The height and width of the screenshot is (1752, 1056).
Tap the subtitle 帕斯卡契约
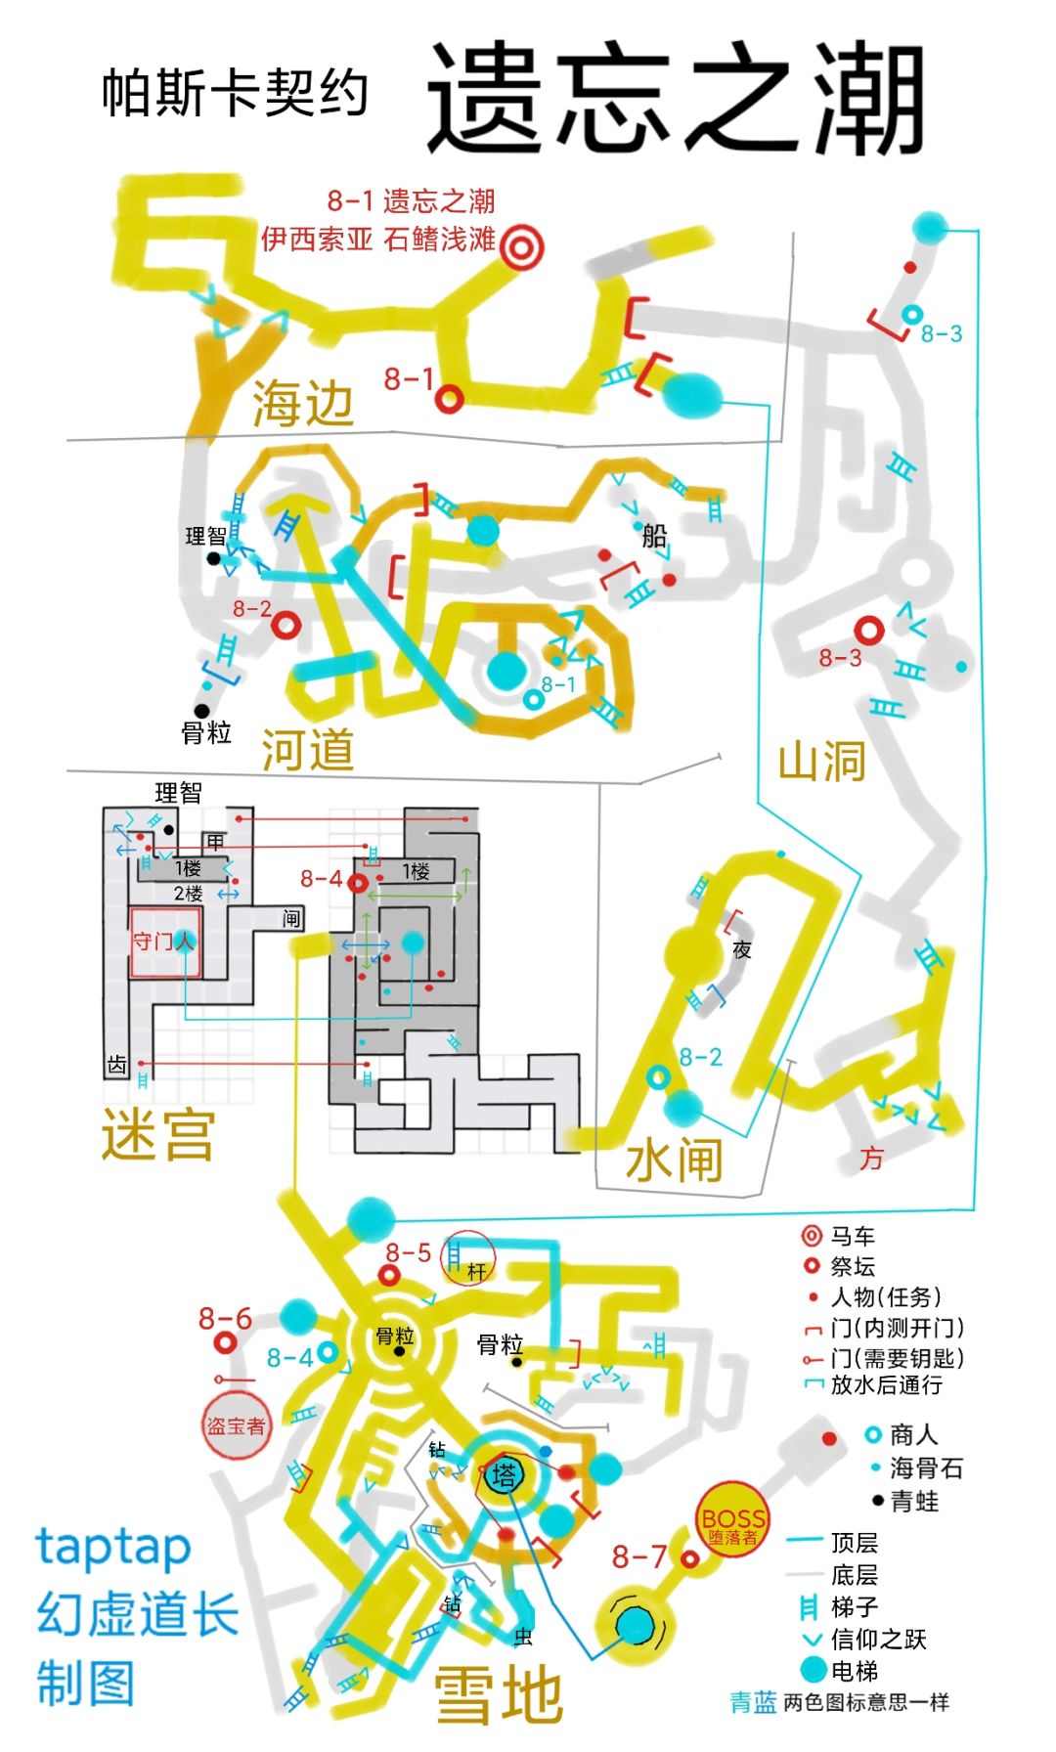coord(235,94)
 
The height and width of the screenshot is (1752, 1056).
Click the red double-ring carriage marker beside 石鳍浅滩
coord(522,246)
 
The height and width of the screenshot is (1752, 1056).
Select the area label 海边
coord(303,403)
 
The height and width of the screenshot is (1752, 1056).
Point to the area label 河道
coord(308,749)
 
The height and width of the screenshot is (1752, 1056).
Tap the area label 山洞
coord(821,760)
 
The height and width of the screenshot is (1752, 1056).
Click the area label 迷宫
coord(157,1133)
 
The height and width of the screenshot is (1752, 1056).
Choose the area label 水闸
coord(675,1160)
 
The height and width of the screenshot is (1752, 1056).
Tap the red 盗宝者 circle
coord(236,1425)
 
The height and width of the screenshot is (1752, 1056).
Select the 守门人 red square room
coord(164,942)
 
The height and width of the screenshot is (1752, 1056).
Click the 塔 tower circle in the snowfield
coord(504,1475)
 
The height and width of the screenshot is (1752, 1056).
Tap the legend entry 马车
coord(839,1236)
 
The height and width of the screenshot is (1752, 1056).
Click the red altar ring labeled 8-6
coord(225,1342)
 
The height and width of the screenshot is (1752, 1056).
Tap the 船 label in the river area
coord(654,536)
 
